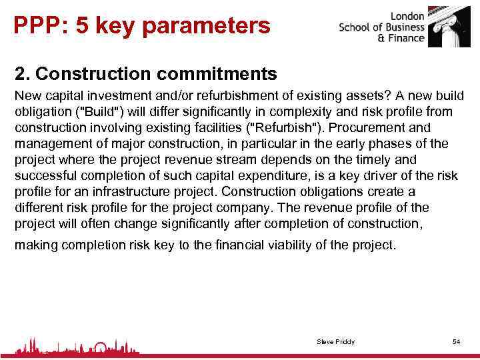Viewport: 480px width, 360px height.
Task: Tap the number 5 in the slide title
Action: [82, 25]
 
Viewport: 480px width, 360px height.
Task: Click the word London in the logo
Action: [407, 15]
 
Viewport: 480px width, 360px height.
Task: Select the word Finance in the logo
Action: [405, 38]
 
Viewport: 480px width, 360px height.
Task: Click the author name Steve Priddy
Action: [335, 342]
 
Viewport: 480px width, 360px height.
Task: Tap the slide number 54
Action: [456, 342]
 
